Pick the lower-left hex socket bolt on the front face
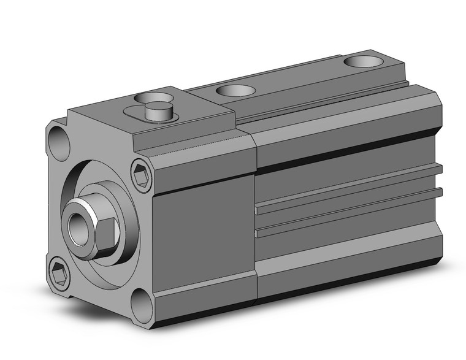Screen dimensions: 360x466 pyautogui.click(x=59, y=274)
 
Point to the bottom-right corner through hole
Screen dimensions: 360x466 pyautogui.click(x=143, y=305)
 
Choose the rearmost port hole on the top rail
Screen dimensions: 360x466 pyautogui.click(x=364, y=61)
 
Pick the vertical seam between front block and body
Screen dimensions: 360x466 pyautogui.click(x=256, y=221)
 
